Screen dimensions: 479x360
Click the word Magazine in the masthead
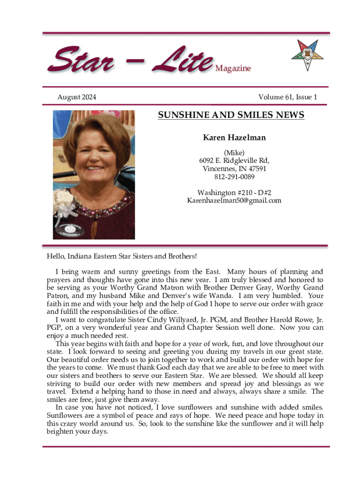[233, 69]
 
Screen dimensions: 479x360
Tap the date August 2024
[77, 97]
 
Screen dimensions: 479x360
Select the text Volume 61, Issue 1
[288, 97]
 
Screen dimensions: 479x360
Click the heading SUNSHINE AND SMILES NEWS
[231, 115]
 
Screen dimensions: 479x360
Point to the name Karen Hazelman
[234, 138]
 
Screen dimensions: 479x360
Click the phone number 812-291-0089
[234, 177]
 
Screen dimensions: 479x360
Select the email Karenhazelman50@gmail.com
[234, 200]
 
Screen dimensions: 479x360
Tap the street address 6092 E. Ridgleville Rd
[234, 160]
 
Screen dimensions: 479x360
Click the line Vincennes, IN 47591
[234, 168]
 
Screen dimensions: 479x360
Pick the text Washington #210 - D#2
[234, 192]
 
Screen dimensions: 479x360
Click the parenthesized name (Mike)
[234, 152]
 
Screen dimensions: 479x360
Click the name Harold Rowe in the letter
[287, 320]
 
